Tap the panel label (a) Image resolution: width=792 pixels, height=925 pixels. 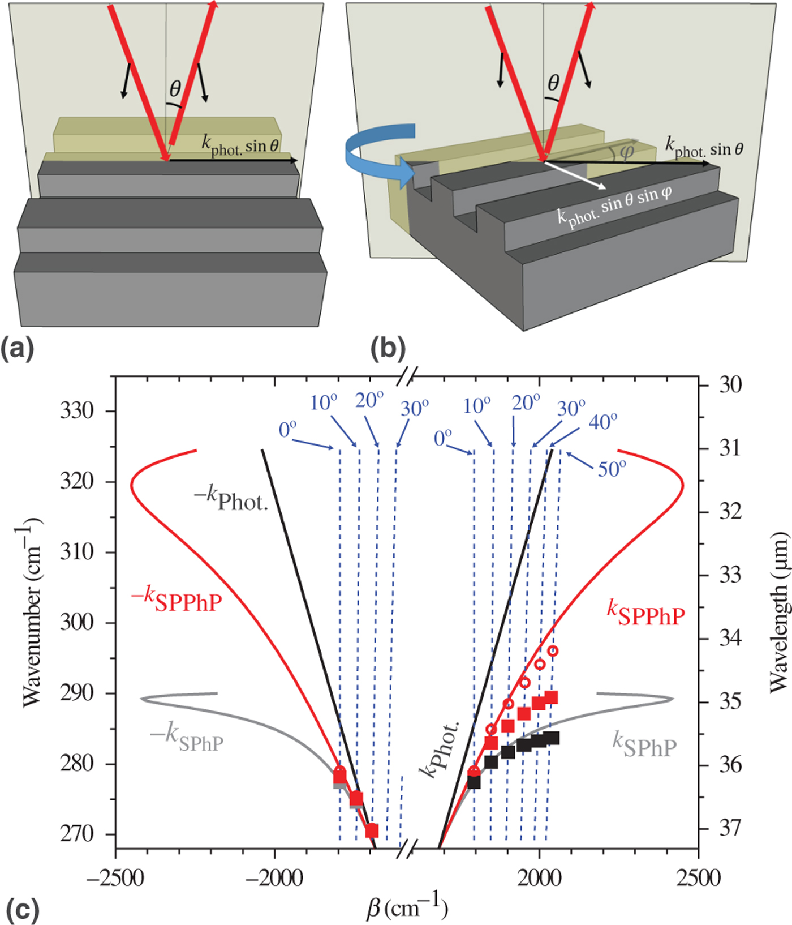[x=18, y=348]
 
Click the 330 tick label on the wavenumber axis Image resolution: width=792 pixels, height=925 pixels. [x=77, y=410]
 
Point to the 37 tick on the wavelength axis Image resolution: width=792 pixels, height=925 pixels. [x=729, y=828]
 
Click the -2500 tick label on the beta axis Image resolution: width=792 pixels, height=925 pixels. [x=115, y=878]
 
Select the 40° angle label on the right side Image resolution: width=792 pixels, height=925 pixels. [x=602, y=422]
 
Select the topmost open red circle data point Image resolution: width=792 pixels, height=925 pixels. [x=553, y=651]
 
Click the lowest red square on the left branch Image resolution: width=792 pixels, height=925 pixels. [x=372, y=831]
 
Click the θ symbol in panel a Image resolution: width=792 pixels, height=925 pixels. [x=175, y=88]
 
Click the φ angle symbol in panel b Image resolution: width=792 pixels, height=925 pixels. [x=626, y=152]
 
